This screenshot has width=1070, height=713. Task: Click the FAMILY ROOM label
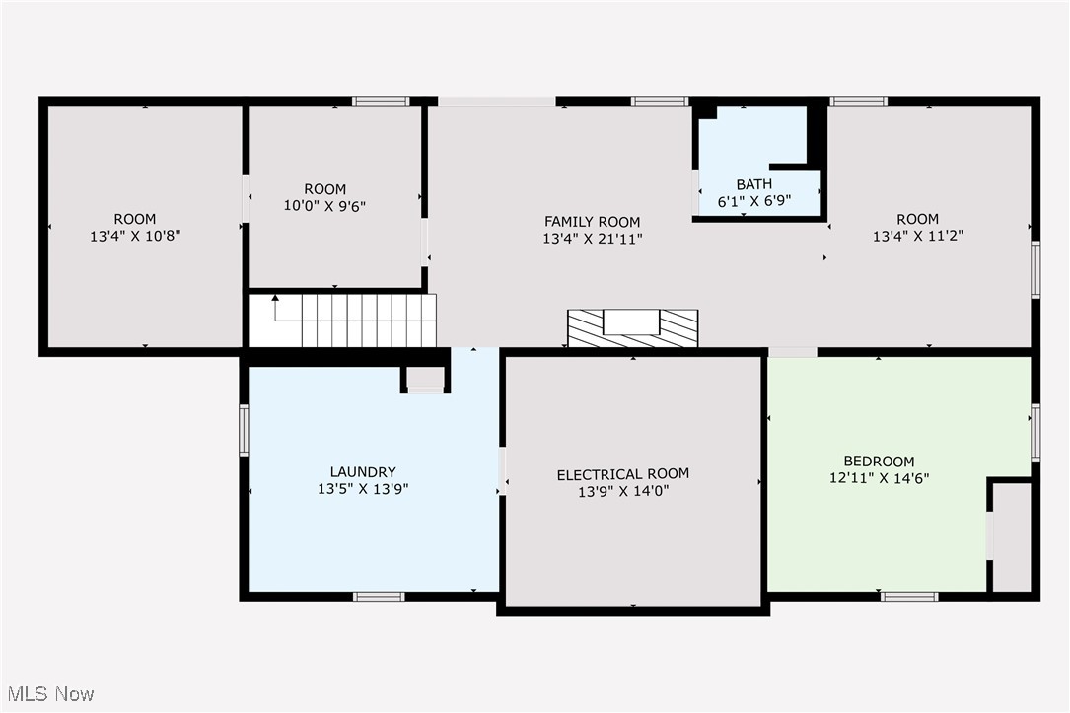(592, 221)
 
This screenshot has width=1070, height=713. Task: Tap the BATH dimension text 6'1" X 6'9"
(754, 201)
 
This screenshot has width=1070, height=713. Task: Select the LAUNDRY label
(362, 471)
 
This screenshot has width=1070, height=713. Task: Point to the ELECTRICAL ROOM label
(622, 474)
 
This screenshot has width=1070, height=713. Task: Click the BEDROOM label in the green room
(879, 462)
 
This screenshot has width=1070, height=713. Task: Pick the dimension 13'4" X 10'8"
(135, 236)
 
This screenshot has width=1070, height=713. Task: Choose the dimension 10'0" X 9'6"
(324, 205)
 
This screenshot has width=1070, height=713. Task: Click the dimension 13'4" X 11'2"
(918, 236)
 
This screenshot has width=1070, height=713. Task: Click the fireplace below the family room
(632, 328)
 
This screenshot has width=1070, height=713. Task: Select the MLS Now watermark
(50, 694)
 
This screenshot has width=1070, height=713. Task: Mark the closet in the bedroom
(1011, 536)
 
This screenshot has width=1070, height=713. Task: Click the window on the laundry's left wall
(244, 430)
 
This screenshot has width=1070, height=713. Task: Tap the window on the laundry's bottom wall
(379, 597)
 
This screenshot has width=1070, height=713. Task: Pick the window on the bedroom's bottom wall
(909, 597)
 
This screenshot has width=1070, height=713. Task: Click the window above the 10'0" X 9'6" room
(381, 101)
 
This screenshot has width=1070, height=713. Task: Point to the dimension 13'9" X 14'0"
(623, 491)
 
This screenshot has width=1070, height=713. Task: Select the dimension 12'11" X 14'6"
(879, 478)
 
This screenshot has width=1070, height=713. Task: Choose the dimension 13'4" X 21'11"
(593, 239)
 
